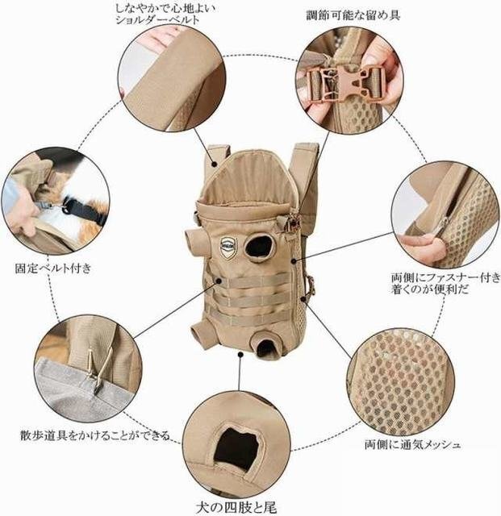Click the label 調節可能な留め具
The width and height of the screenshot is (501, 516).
coord(353,15)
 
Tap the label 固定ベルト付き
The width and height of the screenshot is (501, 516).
coord(53,268)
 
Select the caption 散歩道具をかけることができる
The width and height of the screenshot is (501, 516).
coord(95,435)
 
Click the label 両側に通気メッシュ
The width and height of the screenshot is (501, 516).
coord(412,444)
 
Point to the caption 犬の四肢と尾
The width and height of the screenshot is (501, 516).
coord(236,507)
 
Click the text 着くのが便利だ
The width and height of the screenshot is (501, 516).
coord(430,289)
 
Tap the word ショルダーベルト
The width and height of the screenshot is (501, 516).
coord(158,20)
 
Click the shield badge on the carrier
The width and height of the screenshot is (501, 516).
coord(228,247)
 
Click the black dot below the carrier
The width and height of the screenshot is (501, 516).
coord(240,355)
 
